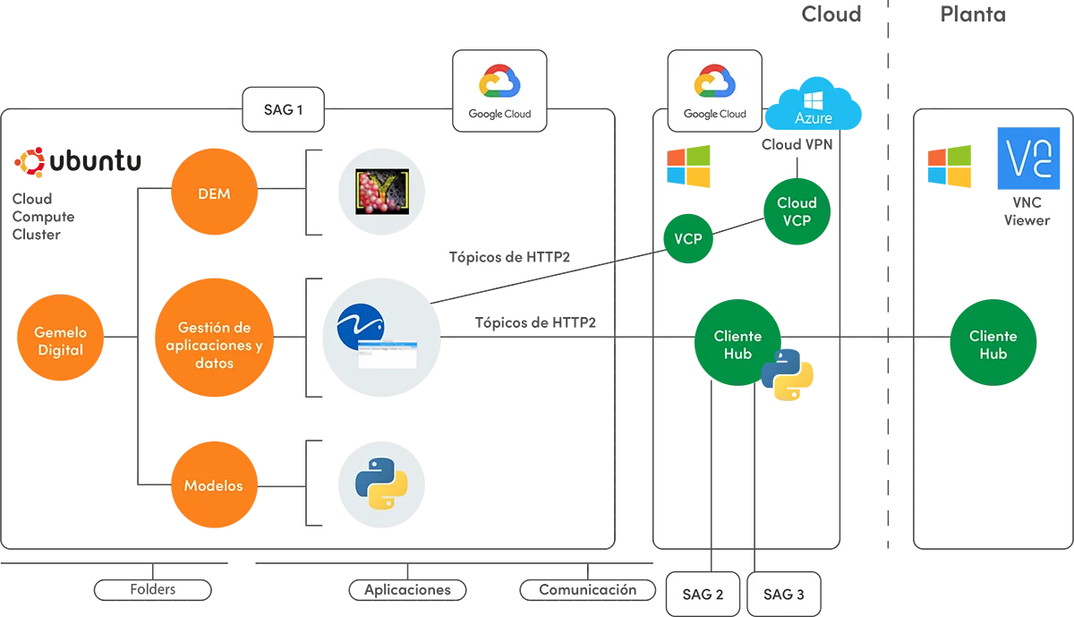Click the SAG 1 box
point(284,109)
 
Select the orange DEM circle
point(214,192)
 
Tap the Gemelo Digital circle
point(61,338)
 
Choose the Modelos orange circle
point(214,484)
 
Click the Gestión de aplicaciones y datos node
point(214,338)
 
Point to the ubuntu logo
point(78,162)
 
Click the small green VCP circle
point(688,238)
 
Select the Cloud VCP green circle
point(797,211)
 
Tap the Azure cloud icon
point(814,103)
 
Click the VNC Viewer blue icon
point(1028,159)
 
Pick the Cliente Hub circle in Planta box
point(993,343)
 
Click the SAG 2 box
point(703,594)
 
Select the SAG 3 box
point(784,594)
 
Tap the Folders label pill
point(153,589)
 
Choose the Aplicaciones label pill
point(407,589)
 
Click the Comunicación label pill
point(588,589)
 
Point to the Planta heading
point(973,14)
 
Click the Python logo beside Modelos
point(381,484)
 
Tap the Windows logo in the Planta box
point(950,166)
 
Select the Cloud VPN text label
point(797,144)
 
